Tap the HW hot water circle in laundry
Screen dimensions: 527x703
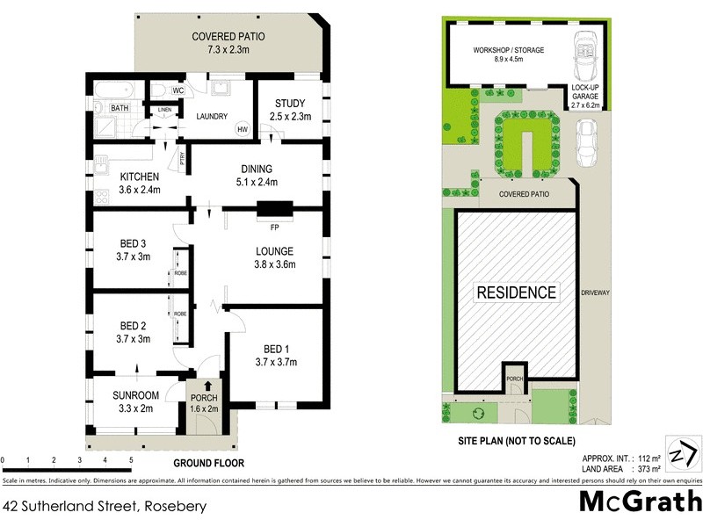(242, 129)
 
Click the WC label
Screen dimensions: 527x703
(178, 90)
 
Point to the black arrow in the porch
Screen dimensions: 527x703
(208, 385)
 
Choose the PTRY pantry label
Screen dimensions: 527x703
(182, 159)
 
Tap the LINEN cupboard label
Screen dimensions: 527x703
(163, 110)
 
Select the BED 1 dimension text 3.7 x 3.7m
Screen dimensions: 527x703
(276, 361)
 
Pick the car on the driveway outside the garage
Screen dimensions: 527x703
(586, 141)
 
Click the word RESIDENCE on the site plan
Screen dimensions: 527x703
(516, 292)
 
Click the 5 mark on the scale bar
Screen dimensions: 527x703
(131, 459)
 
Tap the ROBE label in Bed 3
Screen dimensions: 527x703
(179, 272)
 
